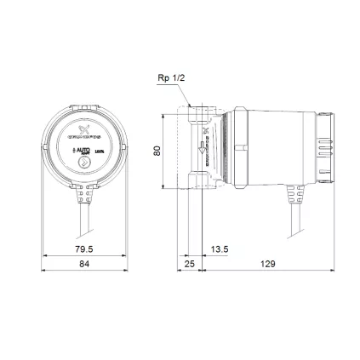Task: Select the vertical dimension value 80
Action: [x=157, y=150]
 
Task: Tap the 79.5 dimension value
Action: [x=83, y=249]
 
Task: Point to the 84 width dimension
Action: [x=83, y=264]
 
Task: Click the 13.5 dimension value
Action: [x=219, y=249]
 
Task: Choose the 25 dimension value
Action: [x=189, y=264]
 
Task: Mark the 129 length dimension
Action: [x=267, y=264]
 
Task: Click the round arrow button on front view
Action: [x=83, y=162]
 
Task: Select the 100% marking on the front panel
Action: [x=99, y=148]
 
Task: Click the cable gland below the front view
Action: [x=83, y=197]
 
